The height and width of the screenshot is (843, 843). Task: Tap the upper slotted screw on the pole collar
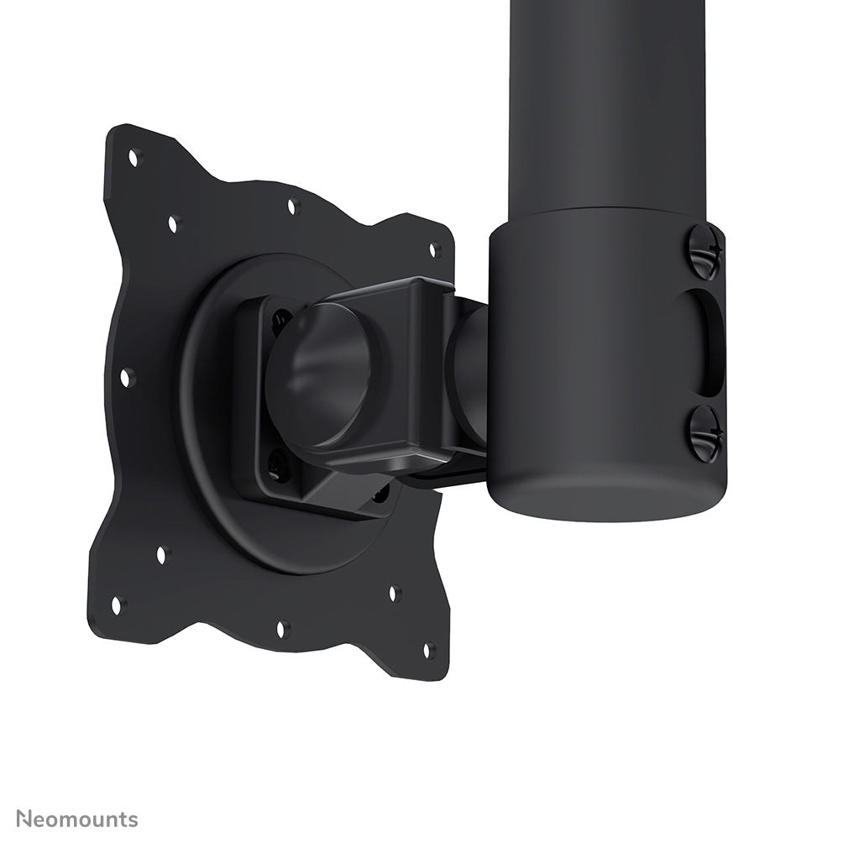point(704,251)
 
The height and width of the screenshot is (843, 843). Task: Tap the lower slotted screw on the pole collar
point(704,433)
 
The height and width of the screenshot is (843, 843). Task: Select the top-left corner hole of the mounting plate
point(133,156)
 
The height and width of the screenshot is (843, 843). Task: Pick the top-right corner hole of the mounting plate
point(435,249)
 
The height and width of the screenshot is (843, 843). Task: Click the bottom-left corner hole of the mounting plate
point(117,604)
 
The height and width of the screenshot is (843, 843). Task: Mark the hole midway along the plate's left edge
point(127,378)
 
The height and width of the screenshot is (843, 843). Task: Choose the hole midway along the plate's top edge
point(292,205)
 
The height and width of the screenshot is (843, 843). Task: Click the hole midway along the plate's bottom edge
point(283,628)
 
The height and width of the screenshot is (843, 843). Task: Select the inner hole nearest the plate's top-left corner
point(174,223)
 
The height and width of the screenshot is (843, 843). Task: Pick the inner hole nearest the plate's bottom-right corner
point(394,593)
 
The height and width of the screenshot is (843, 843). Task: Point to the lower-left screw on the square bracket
point(277,464)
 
